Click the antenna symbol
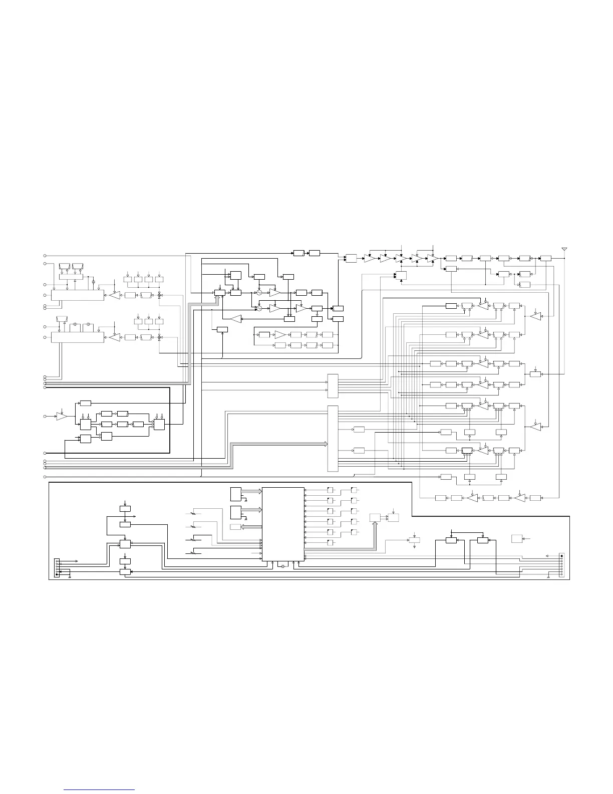564,249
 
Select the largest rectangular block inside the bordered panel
283,524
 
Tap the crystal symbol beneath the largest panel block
283,566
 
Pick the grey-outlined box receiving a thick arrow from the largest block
235,527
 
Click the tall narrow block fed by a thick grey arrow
333,438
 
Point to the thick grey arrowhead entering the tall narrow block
325,444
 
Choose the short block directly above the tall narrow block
333,386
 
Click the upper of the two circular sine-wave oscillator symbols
259,292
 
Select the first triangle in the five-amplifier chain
369,258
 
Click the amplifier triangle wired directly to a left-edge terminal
62,417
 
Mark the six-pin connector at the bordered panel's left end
57,568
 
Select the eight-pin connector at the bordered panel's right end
562,565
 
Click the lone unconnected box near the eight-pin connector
517,539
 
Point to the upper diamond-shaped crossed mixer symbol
160,295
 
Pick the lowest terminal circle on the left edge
45,476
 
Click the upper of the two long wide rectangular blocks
78,295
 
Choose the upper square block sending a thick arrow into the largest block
235,494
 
